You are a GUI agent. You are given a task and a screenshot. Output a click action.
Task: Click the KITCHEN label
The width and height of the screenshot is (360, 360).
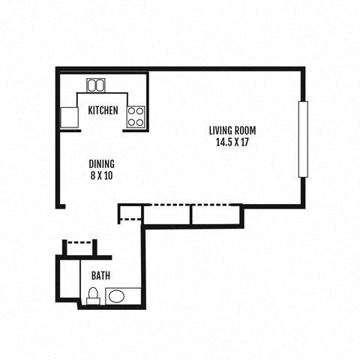click(103, 110)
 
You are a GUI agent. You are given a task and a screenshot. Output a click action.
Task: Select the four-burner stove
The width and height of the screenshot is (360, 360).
click(136, 116)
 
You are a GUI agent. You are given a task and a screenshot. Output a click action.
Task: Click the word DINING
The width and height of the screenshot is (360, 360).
click(101, 164)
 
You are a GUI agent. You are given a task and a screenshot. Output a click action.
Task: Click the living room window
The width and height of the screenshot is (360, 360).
click(303, 139)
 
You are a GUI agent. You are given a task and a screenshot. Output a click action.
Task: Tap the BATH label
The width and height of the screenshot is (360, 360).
click(100, 275)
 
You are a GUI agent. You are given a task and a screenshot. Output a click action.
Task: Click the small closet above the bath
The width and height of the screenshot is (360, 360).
click(79, 249)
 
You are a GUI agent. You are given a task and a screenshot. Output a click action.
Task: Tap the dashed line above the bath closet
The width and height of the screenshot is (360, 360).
click(79, 241)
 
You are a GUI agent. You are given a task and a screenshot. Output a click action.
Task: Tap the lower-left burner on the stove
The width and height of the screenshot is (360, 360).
click(132, 121)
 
